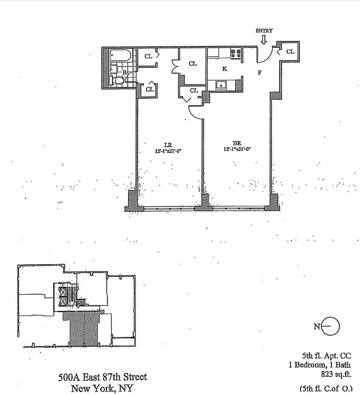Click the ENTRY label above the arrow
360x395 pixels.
264,31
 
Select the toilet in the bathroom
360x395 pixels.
118,79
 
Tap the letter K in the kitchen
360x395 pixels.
224,69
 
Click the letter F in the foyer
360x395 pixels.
259,73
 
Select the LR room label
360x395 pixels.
168,145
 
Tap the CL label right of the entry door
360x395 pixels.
290,51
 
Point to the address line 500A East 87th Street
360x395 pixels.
103,378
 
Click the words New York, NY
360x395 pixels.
102,389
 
